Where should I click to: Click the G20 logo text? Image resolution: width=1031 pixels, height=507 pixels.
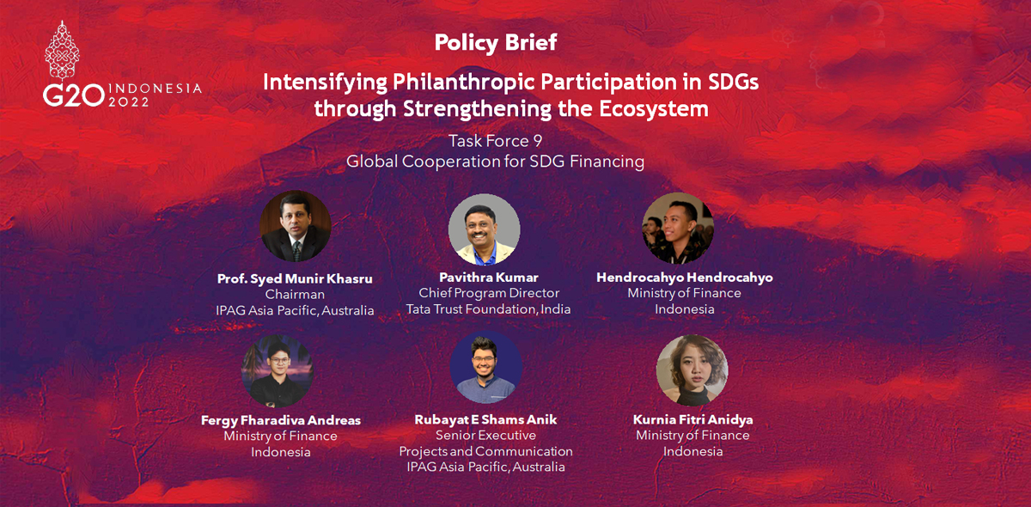point(74,95)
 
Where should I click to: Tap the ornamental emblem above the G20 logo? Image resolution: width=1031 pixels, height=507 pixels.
point(62,51)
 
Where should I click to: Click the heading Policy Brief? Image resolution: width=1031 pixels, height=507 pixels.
point(496,43)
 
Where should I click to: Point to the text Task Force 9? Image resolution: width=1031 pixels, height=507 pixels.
point(495,141)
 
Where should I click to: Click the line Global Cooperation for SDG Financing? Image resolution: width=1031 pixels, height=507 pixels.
point(495,162)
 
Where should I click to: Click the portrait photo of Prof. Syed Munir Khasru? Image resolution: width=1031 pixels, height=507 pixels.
point(295,226)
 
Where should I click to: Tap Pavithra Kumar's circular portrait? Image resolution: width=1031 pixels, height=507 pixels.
point(485,229)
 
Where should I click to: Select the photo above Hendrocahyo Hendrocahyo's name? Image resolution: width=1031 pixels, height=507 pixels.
point(678,228)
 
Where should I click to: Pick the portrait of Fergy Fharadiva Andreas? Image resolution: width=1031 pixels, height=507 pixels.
point(277,370)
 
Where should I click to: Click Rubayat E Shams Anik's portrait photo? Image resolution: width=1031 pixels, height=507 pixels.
point(485,367)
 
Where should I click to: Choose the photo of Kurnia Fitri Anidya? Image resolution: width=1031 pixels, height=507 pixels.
point(692,370)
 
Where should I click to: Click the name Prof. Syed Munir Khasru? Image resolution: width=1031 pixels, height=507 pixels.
point(295,278)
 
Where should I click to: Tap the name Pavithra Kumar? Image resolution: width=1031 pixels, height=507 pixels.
point(489,278)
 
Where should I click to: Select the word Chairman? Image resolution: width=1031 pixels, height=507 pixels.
point(295,294)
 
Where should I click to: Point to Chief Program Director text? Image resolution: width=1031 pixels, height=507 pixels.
point(489,293)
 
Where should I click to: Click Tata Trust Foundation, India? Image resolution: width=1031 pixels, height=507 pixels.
point(488,309)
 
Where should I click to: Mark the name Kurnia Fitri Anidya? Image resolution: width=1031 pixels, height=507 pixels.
point(693,419)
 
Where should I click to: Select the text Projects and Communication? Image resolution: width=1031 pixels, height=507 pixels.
point(486,451)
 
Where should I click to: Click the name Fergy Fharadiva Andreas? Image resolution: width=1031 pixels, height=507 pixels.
point(281,420)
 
